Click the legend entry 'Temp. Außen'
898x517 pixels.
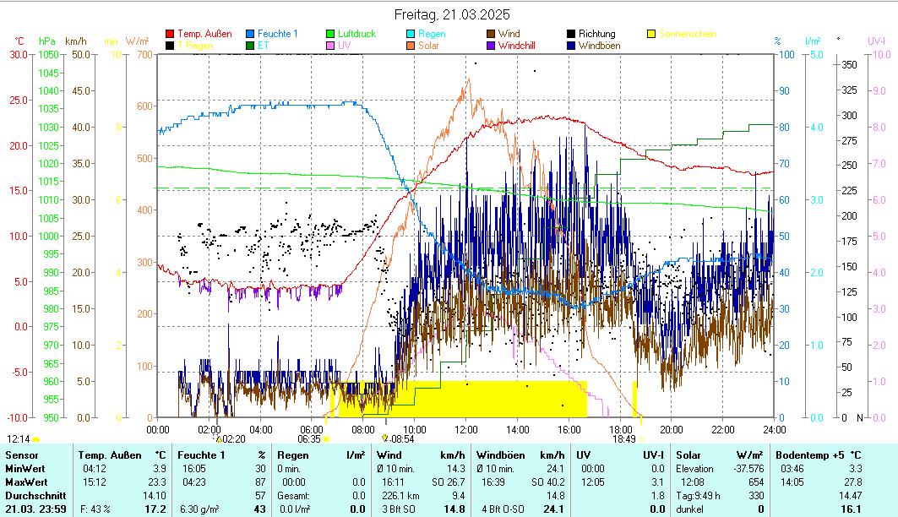click(x=204, y=34)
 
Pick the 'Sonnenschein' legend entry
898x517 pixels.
click(x=688, y=34)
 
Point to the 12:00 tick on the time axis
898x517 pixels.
click(x=465, y=429)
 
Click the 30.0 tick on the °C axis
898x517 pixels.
click(x=19, y=55)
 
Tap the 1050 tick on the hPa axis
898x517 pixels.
click(x=48, y=55)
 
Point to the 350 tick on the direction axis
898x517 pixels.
click(x=850, y=65)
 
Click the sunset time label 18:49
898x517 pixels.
click(x=623, y=439)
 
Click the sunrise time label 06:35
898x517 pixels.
click(x=309, y=439)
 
